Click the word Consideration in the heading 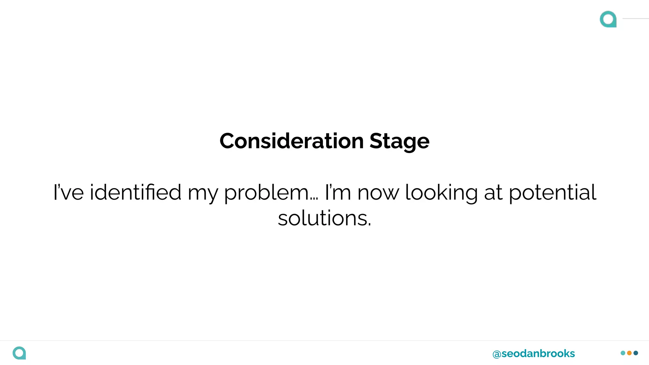tap(292, 141)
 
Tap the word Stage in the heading tap(399, 142)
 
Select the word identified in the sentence tap(135, 192)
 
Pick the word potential tap(552, 193)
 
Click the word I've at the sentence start tap(68, 192)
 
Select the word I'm tap(338, 192)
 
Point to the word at tap(493, 193)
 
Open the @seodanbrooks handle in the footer tap(534, 353)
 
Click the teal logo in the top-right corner tap(608, 19)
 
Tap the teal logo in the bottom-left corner tap(19, 353)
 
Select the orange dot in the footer tap(629, 353)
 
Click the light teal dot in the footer tap(623, 353)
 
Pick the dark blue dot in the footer tap(636, 353)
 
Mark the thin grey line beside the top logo tap(636, 19)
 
